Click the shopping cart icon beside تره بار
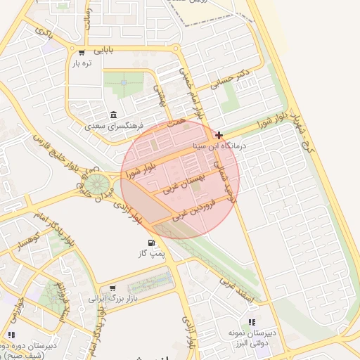click(83, 53)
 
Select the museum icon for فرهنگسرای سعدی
click(113, 115)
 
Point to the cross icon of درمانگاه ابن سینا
click(219, 135)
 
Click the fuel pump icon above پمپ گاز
click(153, 244)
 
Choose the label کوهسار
click(28, 242)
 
